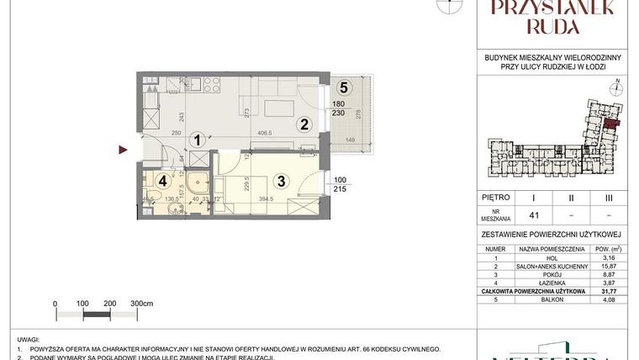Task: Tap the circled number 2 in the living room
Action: tap(306, 124)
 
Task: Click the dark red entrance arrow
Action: tap(123, 151)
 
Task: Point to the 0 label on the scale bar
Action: tap(55, 303)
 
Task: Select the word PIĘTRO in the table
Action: tap(496, 198)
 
